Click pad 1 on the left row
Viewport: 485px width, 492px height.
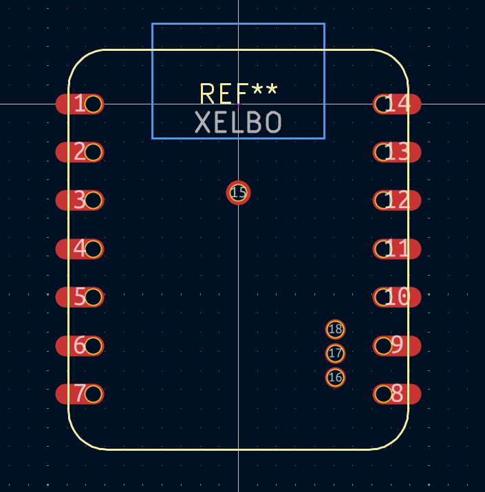tap(80, 104)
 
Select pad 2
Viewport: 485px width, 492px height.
tap(80, 152)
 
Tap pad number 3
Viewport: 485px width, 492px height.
tap(80, 201)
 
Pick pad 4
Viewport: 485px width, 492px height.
tap(80, 249)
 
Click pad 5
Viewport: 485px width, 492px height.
tap(80, 297)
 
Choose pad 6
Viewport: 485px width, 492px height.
tap(80, 346)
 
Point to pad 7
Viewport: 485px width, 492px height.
tap(80, 394)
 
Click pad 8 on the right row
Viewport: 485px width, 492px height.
tap(397, 394)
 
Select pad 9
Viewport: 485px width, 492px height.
tap(397, 346)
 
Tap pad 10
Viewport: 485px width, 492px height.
tap(397, 297)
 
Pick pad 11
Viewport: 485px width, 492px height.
tap(397, 249)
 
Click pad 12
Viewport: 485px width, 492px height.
tap(397, 201)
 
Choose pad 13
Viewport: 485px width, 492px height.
tap(397, 152)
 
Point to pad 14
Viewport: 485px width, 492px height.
tap(397, 104)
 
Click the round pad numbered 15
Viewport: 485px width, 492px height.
tap(239, 192)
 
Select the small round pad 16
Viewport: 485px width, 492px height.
tap(335, 377)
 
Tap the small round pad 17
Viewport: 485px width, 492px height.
tap(335, 353)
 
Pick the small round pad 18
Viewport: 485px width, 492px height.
tap(335, 329)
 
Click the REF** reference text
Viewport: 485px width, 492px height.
tap(239, 93)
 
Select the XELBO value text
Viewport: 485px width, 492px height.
tap(238, 122)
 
